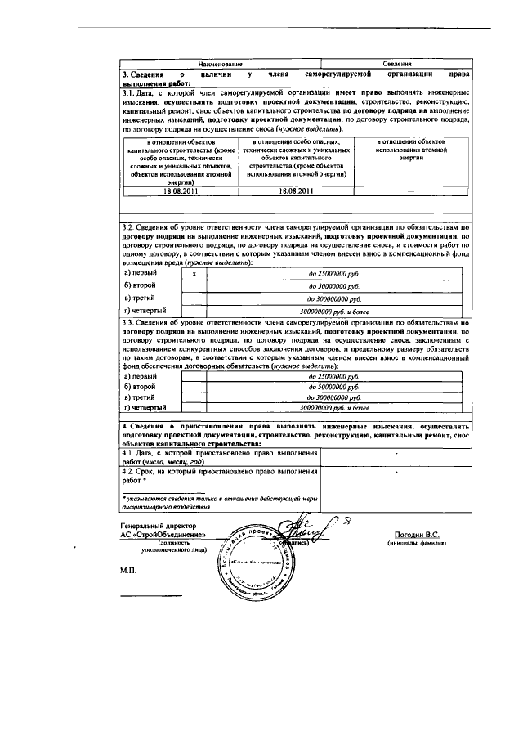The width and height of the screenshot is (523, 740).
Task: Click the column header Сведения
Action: click(396, 64)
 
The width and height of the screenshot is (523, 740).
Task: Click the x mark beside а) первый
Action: click(194, 274)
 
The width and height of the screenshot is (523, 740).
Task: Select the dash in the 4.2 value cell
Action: click(396, 472)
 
